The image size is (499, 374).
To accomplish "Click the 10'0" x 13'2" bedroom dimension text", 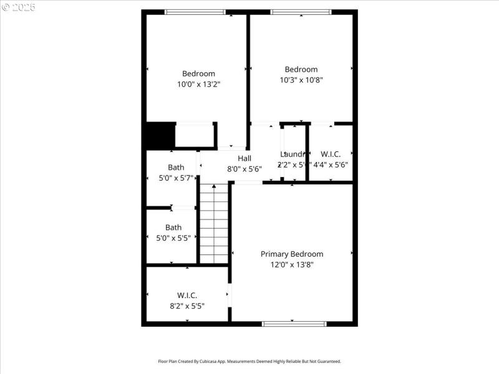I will tap(198, 84).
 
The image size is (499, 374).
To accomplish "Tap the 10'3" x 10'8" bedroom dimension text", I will tap(301, 80).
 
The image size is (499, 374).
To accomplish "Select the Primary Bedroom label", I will tap(292, 254).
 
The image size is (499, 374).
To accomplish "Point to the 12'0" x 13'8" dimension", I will tap(292, 264).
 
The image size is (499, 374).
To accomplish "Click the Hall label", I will tap(244, 158).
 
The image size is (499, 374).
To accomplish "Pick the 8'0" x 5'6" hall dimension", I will tap(244, 169).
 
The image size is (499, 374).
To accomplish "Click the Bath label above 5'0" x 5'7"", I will tap(176, 167).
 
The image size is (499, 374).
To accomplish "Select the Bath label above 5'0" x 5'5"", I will tap(173, 228).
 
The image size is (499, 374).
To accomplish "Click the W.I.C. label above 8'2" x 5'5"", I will tap(187, 295).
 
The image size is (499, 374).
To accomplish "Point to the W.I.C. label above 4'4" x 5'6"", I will tap(331, 154).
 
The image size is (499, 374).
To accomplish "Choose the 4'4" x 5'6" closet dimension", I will tap(331, 165).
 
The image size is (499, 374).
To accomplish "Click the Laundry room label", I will tap(293, 154).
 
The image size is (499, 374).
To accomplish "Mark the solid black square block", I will tap(160, 136).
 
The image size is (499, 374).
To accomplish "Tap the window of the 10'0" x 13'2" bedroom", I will tap(195, 12).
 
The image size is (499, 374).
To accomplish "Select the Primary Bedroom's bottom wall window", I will tap(294, 324).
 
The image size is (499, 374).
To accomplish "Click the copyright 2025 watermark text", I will tap(19, 7).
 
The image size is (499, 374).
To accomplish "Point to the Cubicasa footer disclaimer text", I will tap(249, 362).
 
